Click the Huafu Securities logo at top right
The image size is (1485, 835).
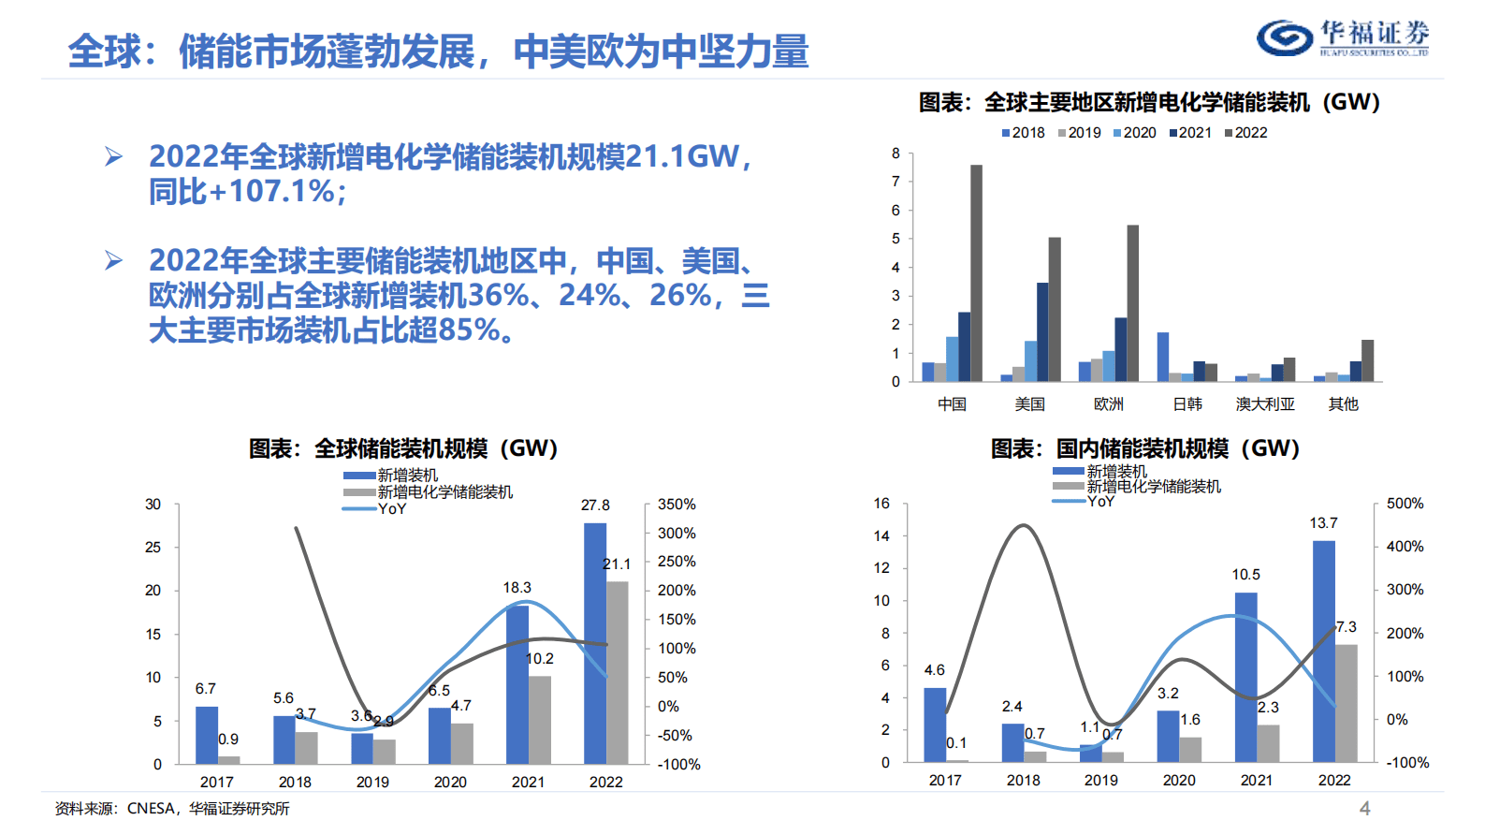(x=1342, y=37)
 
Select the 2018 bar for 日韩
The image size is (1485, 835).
(x=1163, y=357)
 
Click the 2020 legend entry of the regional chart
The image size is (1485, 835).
(x=1134, y=133)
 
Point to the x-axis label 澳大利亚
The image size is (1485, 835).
(x=1265, y=404)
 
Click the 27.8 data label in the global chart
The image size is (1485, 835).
(x=595, y=505)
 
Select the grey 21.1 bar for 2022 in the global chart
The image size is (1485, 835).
(x=618, y=672)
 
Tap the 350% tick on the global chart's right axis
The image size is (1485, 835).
(x=677, y=505)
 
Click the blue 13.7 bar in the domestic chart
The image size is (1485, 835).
(x=1324, y=651)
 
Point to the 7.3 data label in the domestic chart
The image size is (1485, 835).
(x=1346, y=627)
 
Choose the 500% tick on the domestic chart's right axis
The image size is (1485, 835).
(x=1405, y=504)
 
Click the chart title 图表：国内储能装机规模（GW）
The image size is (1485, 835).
(x=1145, y=448)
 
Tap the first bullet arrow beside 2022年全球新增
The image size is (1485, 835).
(x=113, y=156)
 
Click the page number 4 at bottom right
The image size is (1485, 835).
(x=1364, y=809)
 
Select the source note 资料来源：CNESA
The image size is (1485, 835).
(x=172, y=809)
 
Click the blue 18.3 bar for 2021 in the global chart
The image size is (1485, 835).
(x=517, y=684)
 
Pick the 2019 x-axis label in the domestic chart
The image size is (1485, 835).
(x=1100, y=781)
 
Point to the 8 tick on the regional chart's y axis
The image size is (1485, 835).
(x=895, y=154)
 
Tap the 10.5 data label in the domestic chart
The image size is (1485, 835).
(x=1245, y=575)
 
